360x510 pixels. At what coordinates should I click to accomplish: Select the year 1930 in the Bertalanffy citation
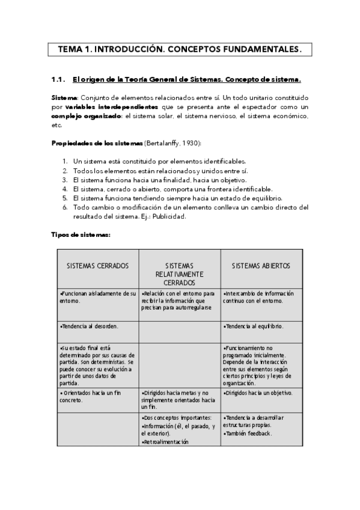pyautogui.click(x=191, y=143)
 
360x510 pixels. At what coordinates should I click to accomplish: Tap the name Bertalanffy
pyautogui.click(x=162, y=143)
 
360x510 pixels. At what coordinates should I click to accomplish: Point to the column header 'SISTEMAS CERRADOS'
pyautogui.click(x=97, y=265)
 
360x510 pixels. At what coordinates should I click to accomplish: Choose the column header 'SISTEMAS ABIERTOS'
pyautogui.click(x=261, y=265)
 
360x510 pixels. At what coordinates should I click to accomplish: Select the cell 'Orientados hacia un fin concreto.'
pyautogui.click(x=89, y=396)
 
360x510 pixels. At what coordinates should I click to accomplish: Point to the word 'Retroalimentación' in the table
pyautogui.click(x=165, y=441)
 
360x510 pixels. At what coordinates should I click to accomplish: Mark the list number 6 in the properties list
pyautogui.click(x=65, y=207)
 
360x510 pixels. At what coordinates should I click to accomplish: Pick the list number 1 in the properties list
pyautogui.click(x=65, y=162)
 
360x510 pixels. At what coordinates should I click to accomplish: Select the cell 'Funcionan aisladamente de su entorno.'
pyautogui.click(x=98, y=297)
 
